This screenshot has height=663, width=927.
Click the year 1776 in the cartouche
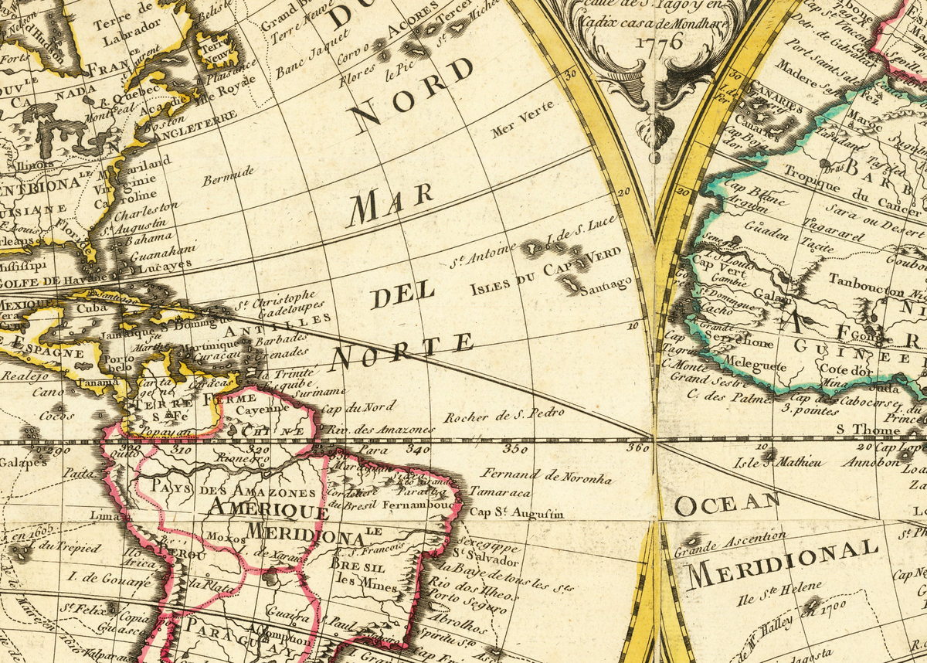click(x=659, y=42)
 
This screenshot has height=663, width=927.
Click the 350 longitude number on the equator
click(x=515, y=448)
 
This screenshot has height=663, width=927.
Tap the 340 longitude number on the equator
click(x=417, y=448)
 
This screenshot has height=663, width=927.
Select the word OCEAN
click(x=727, y=504)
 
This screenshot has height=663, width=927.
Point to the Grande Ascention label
click(x=730, y=544)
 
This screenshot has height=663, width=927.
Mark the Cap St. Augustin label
click(x=517, y=512)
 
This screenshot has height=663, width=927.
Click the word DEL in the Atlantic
click(x=402, y=296)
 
